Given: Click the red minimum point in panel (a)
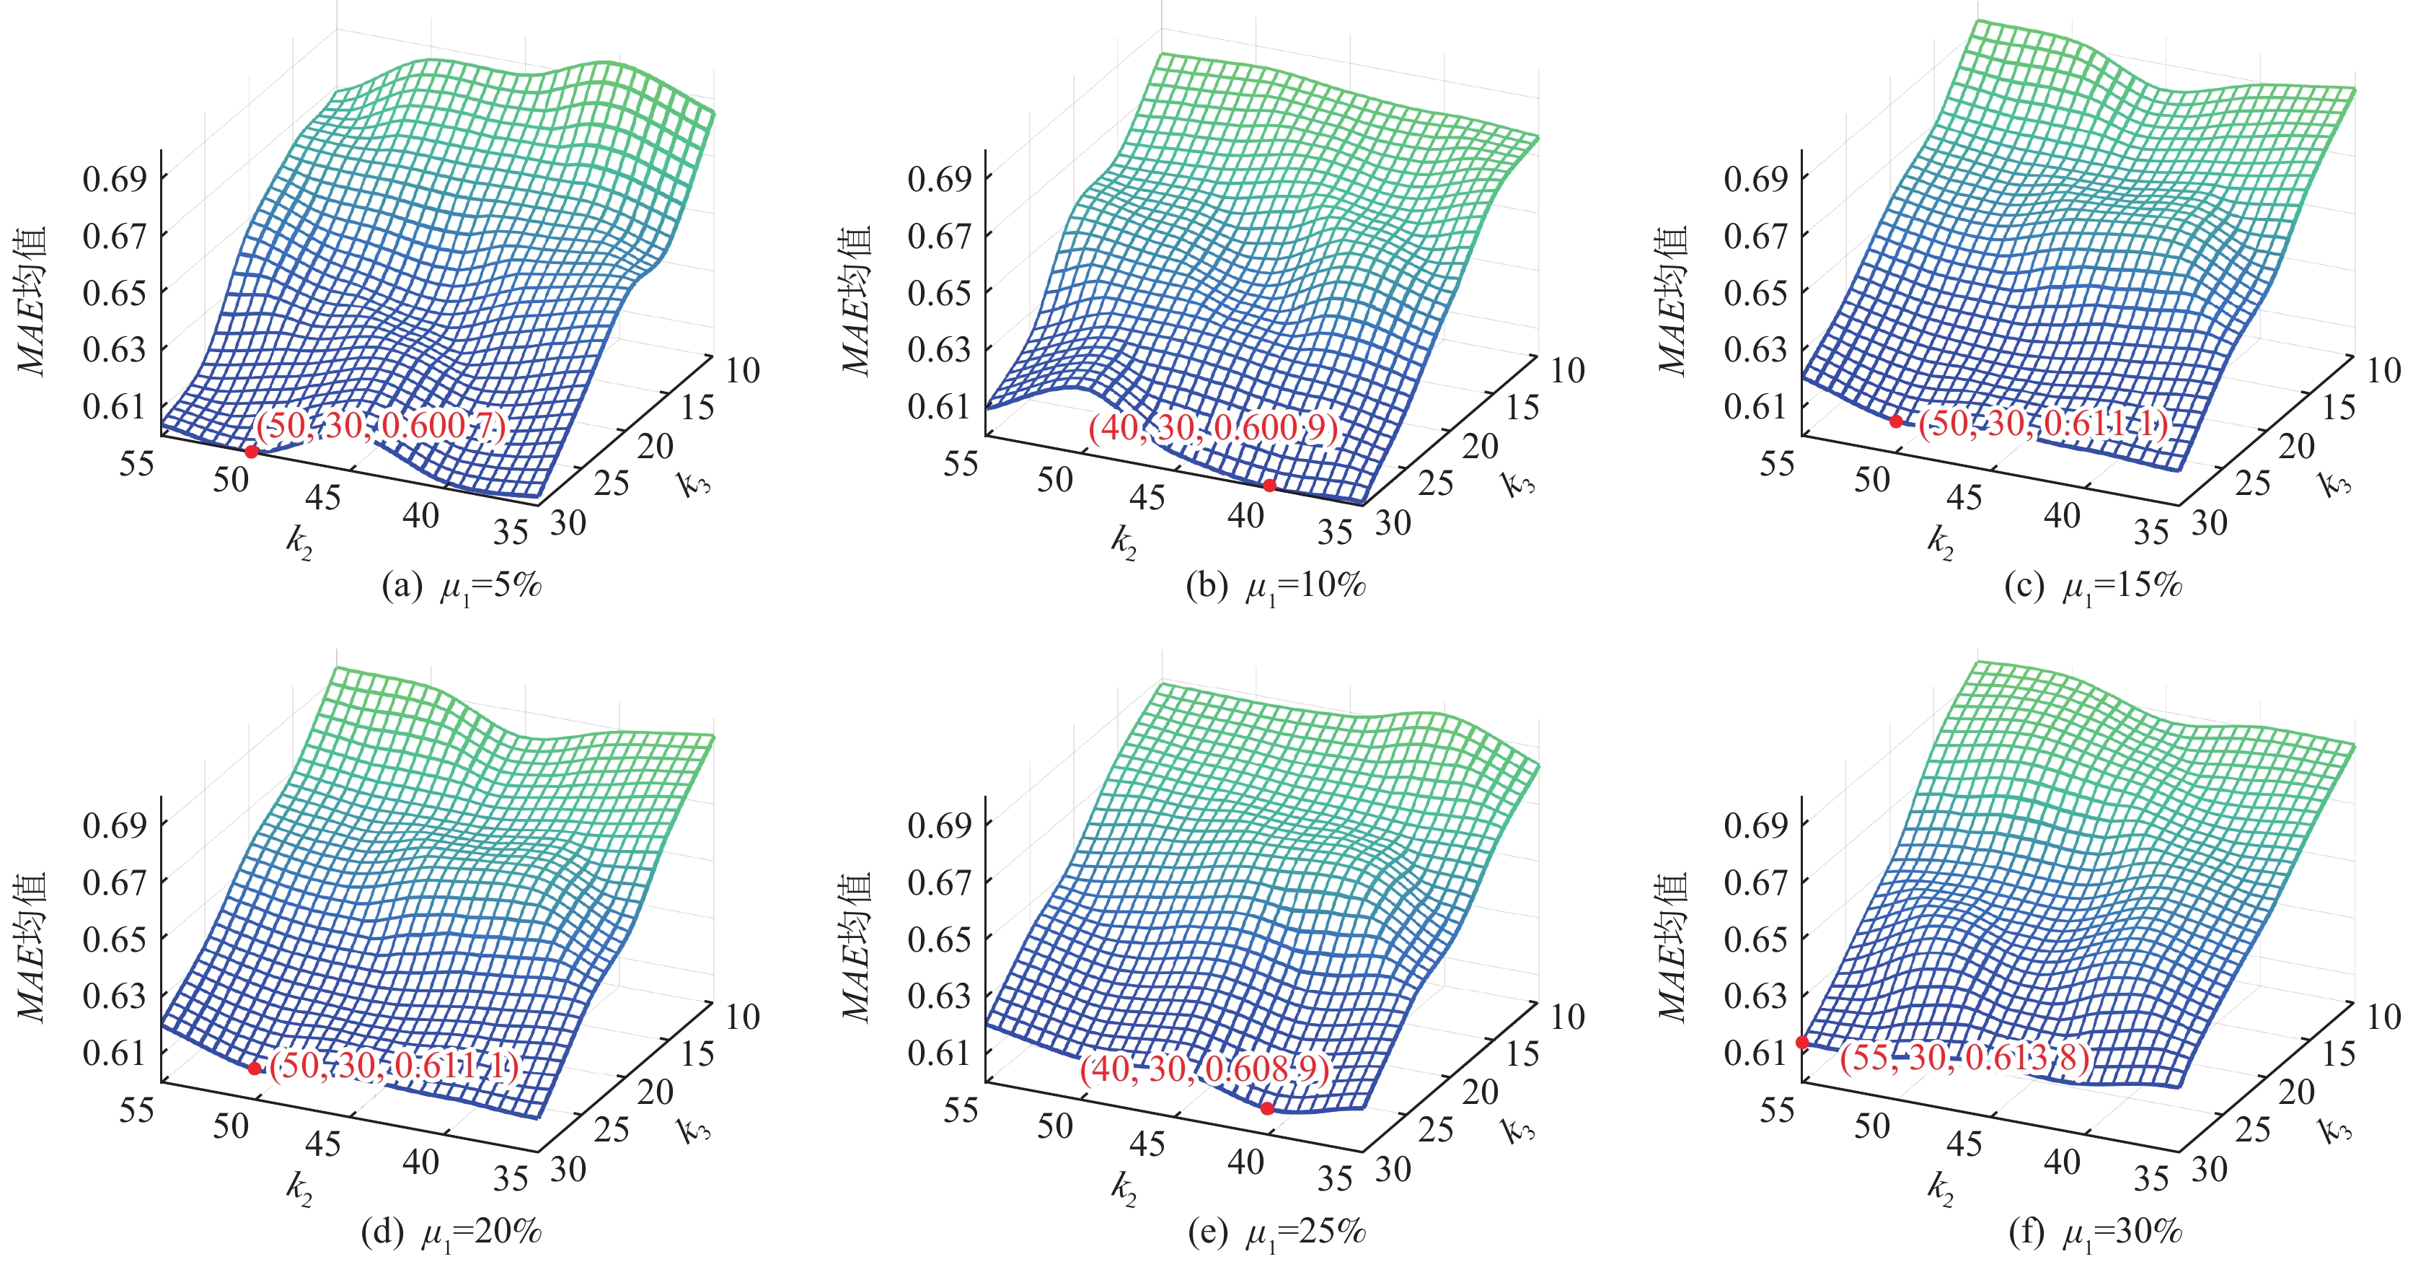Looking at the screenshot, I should click(x=251, y=452).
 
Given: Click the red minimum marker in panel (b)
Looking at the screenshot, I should click(x=1269, y=486).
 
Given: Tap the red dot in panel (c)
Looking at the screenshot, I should click(x=1896, y=421).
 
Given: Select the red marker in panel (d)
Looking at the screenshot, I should click(x=255, y=1069).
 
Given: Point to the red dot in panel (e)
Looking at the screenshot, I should click(x=1266, y=1108).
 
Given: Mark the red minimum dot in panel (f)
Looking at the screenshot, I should click(x=1802, y=1042).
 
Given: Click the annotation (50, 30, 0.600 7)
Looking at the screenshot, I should click(x=382, y=426).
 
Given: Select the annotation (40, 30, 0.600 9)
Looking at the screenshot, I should click(x=1213, y=429).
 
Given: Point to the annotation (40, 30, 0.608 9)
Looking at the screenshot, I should click(x=1204, y=1069).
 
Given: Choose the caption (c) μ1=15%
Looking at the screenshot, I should click(x=2093, y=587).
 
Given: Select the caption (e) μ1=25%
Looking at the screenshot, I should click(x=1276, y=1233).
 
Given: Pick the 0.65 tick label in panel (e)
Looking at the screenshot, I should click(x=940, y=939).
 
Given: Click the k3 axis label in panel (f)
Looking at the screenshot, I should click(x=2335, y=1130).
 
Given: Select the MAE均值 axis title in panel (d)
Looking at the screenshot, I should click(x=32, y=947).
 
